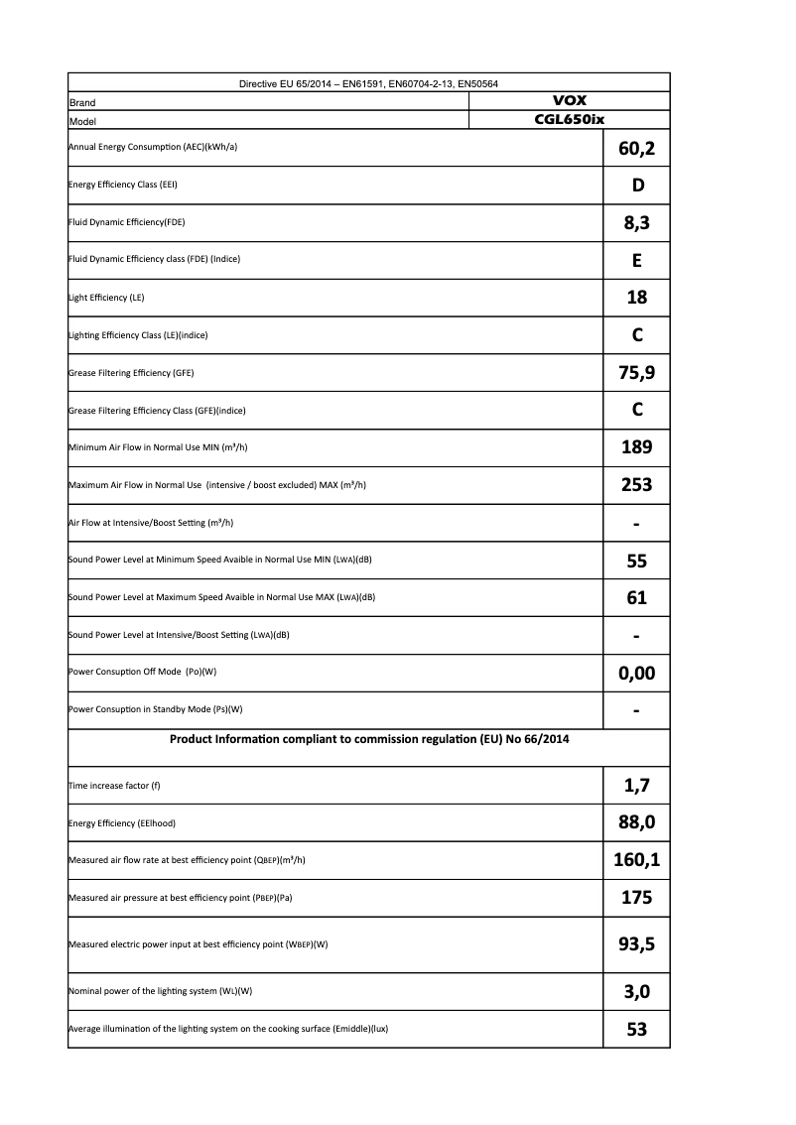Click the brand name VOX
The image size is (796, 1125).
point(569,101)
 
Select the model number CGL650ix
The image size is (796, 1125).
point(569,119)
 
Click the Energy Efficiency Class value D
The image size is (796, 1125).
point(637,186)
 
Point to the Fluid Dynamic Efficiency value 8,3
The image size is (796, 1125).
point(636,223)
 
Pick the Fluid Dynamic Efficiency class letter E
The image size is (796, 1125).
point(637,260)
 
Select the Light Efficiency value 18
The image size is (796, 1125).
point(637,298)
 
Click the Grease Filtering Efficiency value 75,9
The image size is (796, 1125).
point(636,373)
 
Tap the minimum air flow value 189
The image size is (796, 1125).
point(636,447)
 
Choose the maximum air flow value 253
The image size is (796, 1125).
point(636,485)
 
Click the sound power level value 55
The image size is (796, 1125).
point(637,561)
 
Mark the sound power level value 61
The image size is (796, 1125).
point(637,597)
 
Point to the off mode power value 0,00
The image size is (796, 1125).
point(636,673)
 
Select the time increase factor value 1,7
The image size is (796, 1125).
point(636,786)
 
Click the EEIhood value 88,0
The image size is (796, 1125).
point(636,822)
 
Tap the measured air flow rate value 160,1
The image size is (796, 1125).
point(636,860)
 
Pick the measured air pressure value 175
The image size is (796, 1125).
point(636,898)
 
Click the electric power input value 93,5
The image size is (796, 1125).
point(636,943)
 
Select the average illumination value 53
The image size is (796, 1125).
point(637,1029)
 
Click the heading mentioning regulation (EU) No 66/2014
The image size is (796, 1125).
point(369,739)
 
